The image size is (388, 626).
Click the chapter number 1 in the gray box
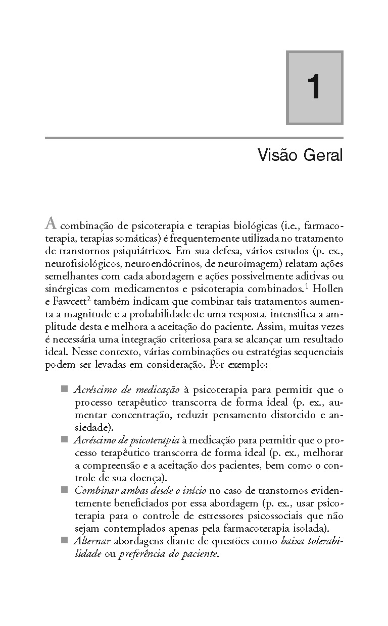coord(314,88)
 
